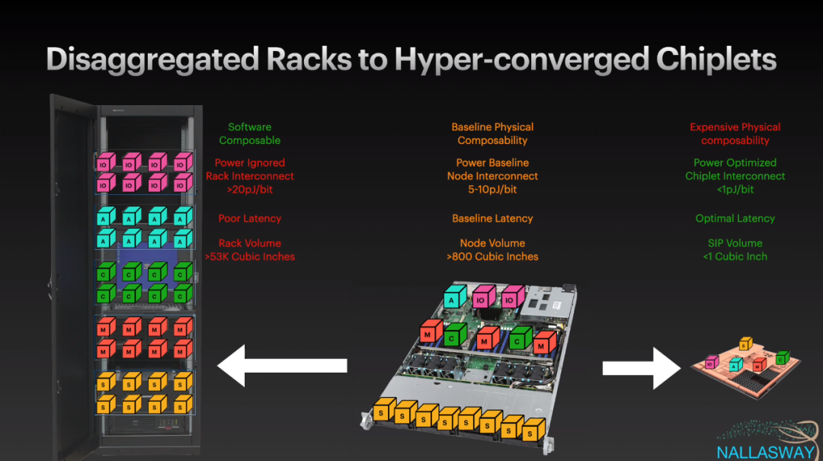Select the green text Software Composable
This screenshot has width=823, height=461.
250,133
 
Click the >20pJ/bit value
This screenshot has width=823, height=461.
250,189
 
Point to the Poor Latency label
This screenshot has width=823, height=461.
250,219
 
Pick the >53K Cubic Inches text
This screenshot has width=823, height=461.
250,257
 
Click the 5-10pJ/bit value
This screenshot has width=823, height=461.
492,189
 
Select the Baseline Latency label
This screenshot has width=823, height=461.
492,219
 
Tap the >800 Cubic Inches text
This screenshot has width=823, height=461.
492,257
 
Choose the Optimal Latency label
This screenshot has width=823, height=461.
735,219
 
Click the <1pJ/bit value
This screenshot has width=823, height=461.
735,189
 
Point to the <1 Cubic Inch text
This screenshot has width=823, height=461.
735,257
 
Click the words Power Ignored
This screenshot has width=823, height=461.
250,163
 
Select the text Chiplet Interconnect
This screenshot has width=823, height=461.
735,176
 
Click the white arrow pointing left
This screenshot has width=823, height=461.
282,366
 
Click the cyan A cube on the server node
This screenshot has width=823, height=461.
455,299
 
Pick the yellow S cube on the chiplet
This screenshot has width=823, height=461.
745,343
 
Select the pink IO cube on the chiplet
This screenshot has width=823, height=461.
711,363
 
